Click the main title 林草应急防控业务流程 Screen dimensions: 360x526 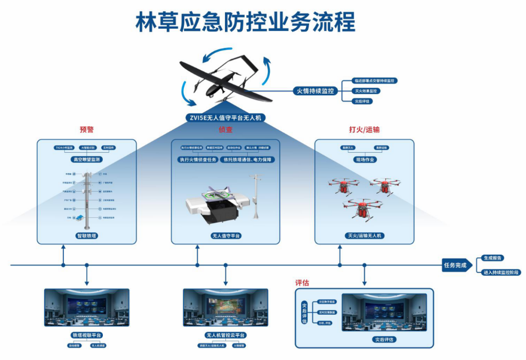coord(245,23)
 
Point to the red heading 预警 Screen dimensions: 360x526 coord(86,129)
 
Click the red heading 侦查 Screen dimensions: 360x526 coord(225,129)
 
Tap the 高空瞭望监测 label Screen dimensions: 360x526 coord(86,159)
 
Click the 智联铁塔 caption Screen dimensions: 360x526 coord(86,235)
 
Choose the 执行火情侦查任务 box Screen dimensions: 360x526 coord(198,159)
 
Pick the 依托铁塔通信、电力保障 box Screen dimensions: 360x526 coord(249,159)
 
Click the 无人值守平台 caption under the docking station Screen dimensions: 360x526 coord(225,235)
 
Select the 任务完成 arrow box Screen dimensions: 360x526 coord(456,265)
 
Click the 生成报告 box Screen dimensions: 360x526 coord(492,258)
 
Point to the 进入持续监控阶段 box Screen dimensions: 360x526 coord(501,272)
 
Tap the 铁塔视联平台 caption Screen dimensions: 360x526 coord(86,336)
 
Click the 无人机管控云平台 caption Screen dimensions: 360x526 coord(225,336)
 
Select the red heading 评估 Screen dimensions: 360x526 coord(302,283)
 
